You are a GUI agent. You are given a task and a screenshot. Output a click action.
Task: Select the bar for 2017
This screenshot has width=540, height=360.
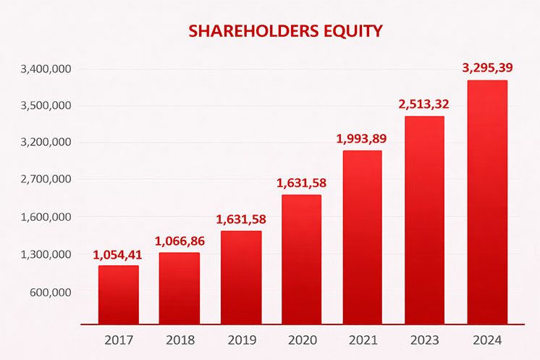click(119, 294)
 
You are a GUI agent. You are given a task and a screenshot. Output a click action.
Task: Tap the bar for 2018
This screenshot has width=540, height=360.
click(180, 288)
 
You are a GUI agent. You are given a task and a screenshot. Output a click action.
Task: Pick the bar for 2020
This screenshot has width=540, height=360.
click(301, 259)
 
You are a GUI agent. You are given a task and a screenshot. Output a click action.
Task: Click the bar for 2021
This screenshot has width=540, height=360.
click(361, 237)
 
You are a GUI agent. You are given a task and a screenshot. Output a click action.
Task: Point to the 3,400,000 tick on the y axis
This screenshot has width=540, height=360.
click(46, 70)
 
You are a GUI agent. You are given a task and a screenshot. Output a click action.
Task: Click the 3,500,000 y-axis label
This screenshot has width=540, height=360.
click(46, 106)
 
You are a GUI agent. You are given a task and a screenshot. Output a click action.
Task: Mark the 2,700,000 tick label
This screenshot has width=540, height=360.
click(46, 179)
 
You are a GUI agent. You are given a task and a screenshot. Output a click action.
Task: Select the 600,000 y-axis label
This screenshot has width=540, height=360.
click(50, 293)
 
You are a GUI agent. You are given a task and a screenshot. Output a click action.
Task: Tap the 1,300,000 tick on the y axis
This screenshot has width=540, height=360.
click(46, 255)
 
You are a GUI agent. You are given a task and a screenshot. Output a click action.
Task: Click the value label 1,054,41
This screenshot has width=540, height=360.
click(118, 254)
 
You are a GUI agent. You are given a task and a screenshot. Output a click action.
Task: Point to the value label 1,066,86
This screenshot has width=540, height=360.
click(179, 240)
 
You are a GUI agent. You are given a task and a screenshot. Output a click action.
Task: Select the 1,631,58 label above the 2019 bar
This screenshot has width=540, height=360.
click(241, 219)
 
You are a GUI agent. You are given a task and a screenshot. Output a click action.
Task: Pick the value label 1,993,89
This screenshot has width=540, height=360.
click(361, 138)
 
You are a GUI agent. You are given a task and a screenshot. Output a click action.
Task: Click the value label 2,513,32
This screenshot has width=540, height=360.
click(423, 104)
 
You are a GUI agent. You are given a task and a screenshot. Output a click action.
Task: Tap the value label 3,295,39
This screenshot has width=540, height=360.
click(487, 68)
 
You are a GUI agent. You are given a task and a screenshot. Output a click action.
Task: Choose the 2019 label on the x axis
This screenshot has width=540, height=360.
click(240, 339)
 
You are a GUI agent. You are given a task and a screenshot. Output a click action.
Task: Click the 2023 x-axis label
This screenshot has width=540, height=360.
click(423, 339)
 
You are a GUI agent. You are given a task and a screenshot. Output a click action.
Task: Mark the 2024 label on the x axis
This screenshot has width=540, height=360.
click(486, 339)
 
